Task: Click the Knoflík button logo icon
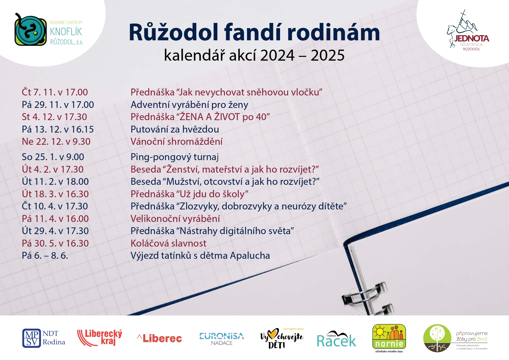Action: point(30,30)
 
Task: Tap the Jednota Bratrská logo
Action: point(468,31)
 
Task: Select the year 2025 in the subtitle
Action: point(328,55)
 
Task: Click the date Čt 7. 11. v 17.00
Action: point(55,92)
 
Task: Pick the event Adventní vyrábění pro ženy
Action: point(189,105)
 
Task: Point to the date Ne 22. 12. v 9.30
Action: point(56,142)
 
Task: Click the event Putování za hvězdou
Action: point(175,129)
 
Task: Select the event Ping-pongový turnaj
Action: point(175,157)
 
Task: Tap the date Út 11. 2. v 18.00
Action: point(55,182)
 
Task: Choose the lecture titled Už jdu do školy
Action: point(189,194)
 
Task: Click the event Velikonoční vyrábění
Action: point(175,219)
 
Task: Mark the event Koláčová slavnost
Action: point(169,243)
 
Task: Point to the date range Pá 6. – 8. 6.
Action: point(45,256)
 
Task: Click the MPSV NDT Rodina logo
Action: point(44,338)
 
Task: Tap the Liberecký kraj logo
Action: point(100,338)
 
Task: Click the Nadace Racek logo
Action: point(336,339)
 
